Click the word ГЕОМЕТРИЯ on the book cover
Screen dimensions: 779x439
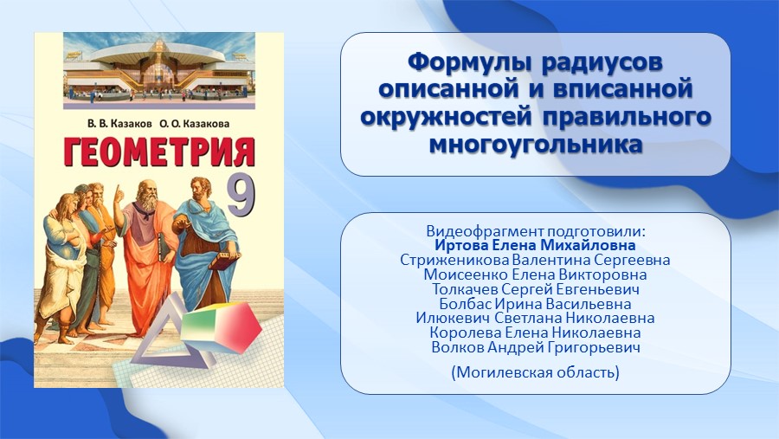(159, 152)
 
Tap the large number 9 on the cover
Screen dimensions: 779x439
(241, 197)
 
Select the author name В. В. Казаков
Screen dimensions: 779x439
(119, 124)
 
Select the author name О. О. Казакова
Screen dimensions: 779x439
(195, 124)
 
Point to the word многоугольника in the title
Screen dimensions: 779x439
(536, 145)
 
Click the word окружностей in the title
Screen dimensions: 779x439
(446, 118)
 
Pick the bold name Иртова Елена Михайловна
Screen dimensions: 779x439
(536, 246)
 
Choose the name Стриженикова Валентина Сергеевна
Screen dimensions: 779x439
(535, 260)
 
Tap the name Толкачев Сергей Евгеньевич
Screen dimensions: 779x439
(536, 289)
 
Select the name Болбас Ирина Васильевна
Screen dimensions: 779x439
(536, 304)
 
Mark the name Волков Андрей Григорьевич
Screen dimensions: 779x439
(536, 347)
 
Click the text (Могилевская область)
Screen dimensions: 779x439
(536, 371)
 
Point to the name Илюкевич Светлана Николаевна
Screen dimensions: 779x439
(536, 318)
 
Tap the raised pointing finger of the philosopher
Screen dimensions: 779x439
(118, 191)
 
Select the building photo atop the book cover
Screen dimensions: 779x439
(159, 71)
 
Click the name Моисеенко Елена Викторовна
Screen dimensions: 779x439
(536, 274)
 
